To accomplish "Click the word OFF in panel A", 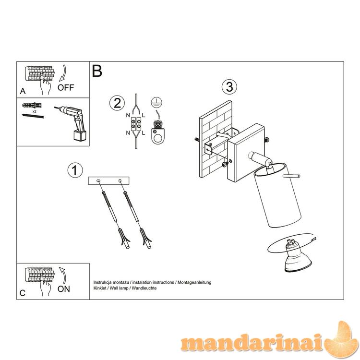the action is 66,87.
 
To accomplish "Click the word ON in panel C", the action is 63,289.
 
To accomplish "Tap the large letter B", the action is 97,71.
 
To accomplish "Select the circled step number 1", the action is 75,170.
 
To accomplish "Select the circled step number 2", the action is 117,103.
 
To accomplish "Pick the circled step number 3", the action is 229,87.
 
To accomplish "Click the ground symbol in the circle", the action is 156,103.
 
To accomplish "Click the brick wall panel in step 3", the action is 216,139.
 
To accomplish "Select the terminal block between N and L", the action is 136,124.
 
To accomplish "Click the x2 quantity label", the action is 34,111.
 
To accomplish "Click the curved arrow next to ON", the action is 63,275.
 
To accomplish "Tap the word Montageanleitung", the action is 194,282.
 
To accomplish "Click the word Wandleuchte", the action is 144,288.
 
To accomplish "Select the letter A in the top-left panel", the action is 23,91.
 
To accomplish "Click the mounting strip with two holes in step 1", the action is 108,181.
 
